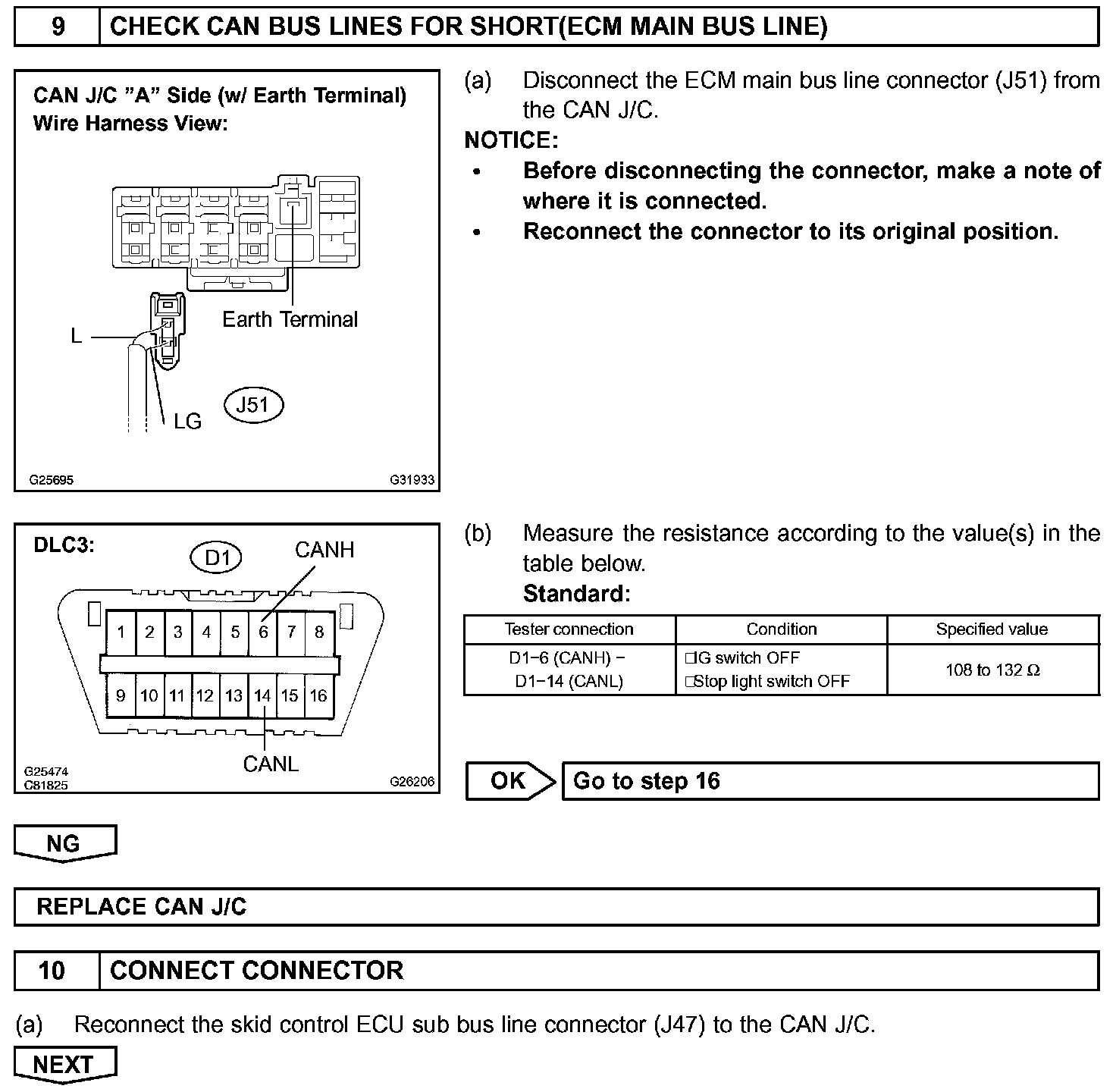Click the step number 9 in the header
pos(58,27)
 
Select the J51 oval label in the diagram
pos(253,405)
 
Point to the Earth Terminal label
pos(290,319)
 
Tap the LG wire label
pos(187,421)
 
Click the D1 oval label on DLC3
pos(216,558)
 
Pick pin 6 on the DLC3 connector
pos(263,632)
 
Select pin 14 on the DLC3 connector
pos(262,695)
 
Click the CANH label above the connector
pos(324,550)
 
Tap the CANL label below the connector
pos(271,764)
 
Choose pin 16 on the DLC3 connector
pos(318,695)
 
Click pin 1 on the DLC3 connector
pos(121,632)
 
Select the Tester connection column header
pos(569,629)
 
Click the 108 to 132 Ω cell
pos(992,670)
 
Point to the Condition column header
pos(781,629)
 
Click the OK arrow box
pos(509,781)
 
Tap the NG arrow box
pos(64,843)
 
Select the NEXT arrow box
pos(64,1065)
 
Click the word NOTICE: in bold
pos(510,140)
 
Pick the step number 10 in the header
pos(52,971)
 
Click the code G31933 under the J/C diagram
pos(412,480)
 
